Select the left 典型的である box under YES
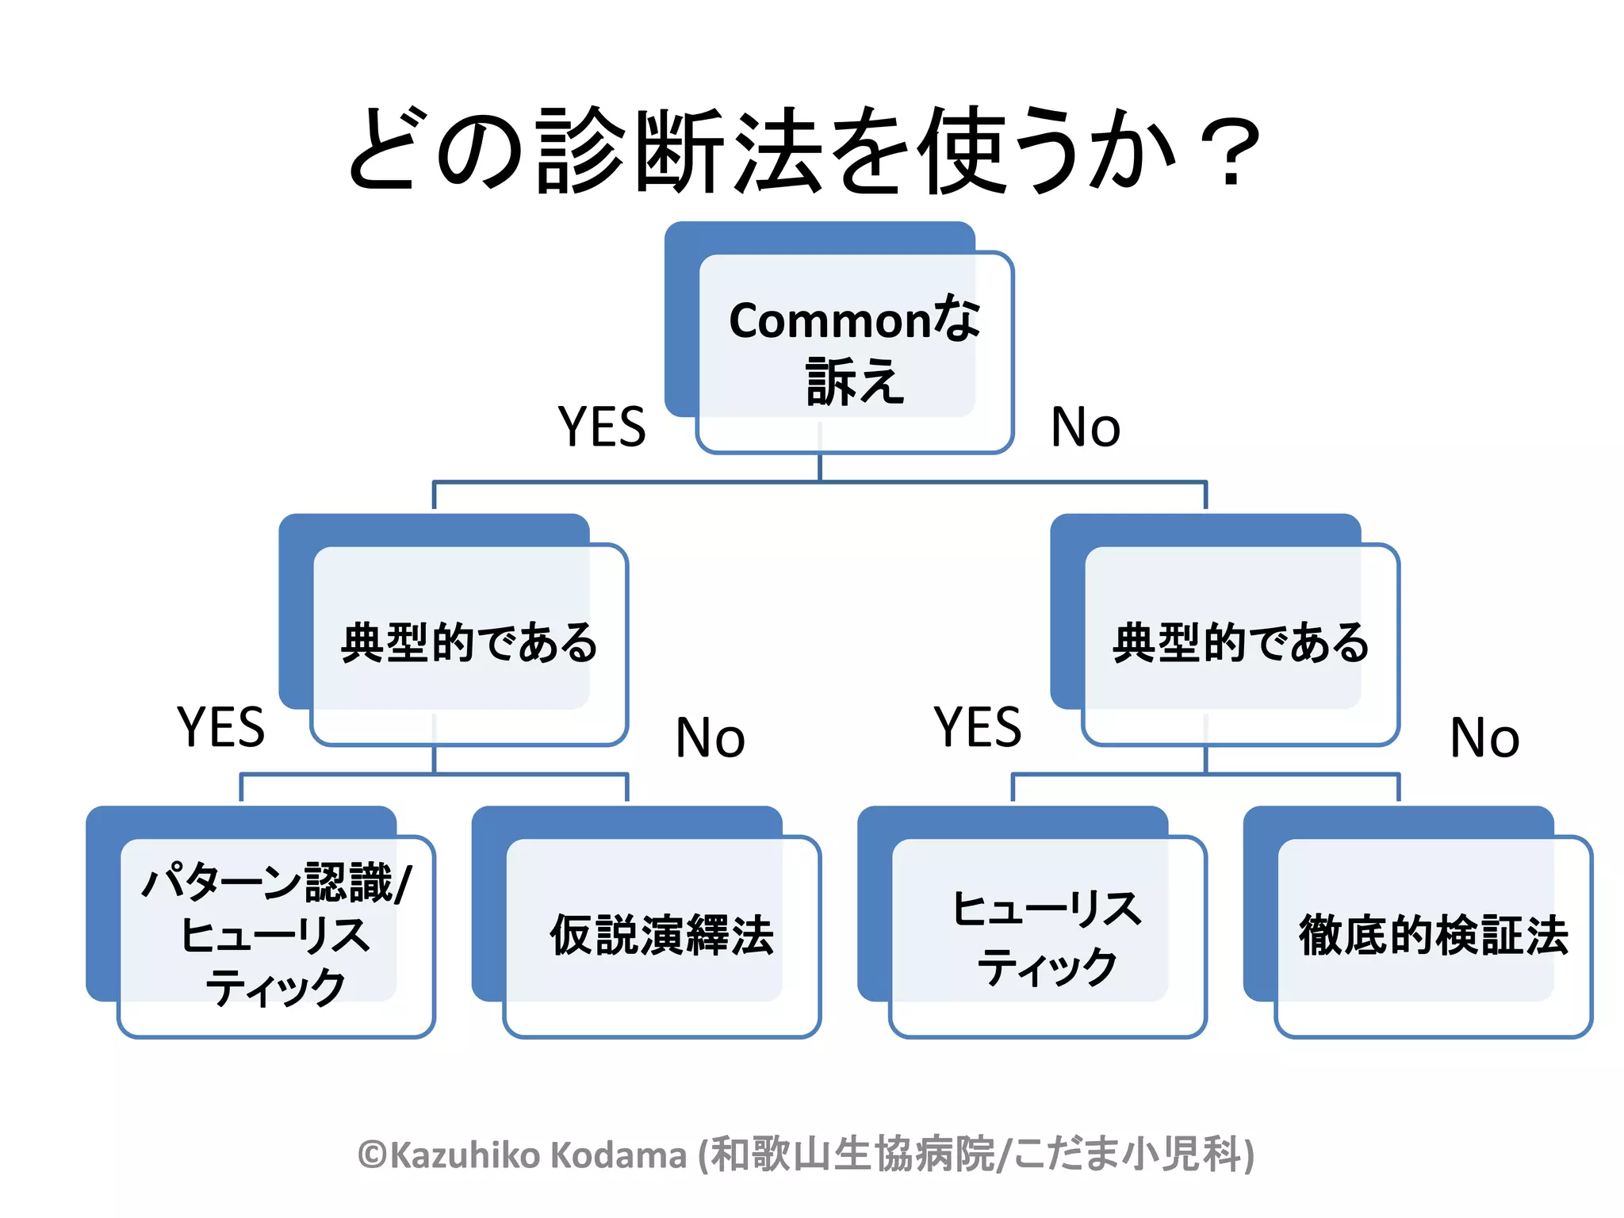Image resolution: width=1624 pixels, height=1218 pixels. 469,642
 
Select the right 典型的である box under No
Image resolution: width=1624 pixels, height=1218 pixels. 1240,642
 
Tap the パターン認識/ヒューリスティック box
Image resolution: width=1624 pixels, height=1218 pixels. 276,934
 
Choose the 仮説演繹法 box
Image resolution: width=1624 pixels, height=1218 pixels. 661,935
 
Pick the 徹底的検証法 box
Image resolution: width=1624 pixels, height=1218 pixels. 1433,935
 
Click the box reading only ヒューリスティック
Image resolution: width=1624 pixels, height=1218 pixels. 1047,936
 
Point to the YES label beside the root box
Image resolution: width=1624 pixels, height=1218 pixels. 602,427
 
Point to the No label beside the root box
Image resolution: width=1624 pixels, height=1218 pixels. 1085,427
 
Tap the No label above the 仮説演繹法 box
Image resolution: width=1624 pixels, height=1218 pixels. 710,737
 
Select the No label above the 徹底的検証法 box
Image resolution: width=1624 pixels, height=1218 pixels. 1484,737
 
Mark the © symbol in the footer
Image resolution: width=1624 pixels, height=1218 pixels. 372,1155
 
